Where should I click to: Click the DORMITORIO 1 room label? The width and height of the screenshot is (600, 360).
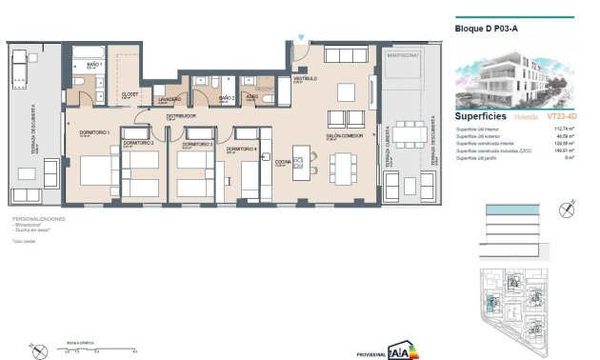click(x=94, y=131)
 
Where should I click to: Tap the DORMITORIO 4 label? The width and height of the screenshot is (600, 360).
click(x=241, y=150)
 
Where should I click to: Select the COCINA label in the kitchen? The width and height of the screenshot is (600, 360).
click(x=283, y=163)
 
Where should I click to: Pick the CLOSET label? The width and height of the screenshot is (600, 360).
click(x=130, y=95)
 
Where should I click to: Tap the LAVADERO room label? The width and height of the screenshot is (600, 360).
click(x=170, y=99)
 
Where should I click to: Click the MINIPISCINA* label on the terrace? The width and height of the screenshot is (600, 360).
click(x=404, y=56)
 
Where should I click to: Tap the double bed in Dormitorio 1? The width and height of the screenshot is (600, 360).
click(x=96, y=171)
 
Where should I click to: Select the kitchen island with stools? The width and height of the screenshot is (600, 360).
click(x=301, y=165)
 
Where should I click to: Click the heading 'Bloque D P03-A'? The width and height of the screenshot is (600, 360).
click(x=488, y=29)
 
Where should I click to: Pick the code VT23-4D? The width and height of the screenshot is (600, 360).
click(x=564, y=116)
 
